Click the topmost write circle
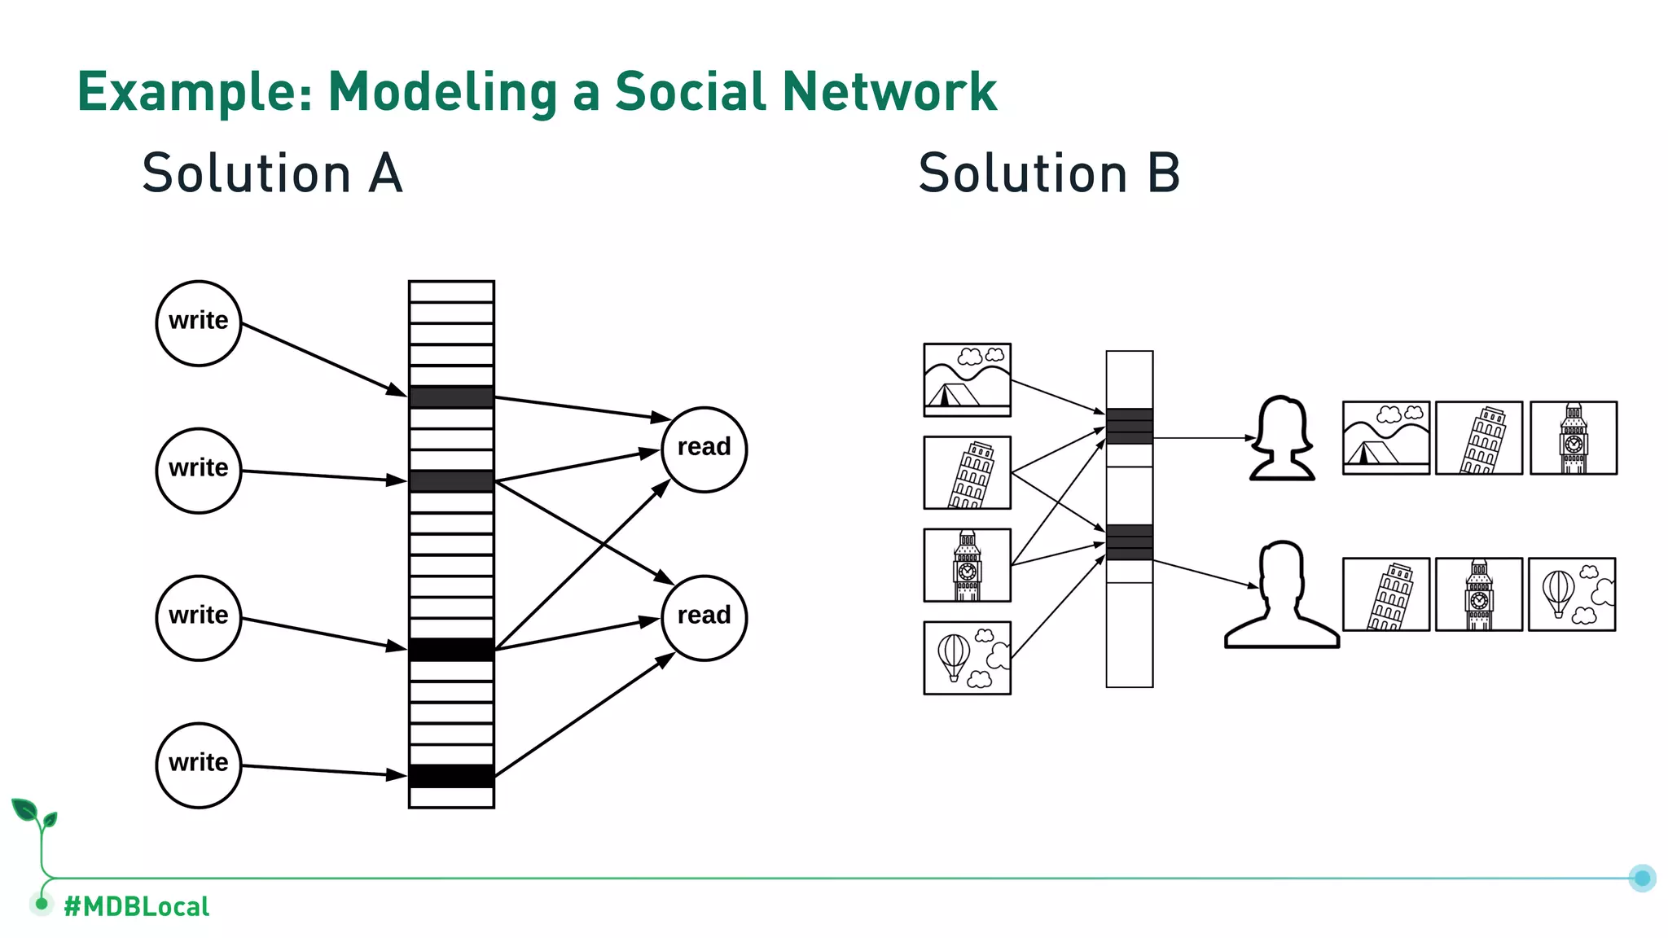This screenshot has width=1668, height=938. click(199, 323)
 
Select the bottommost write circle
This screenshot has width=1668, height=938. click(199, 765)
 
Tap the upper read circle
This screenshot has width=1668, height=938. click(704, 449)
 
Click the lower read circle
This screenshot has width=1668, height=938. click(704, 618)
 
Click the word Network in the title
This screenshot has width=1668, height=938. click(889, 91)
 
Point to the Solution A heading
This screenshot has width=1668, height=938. click(272, 173)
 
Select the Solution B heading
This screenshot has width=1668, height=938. click(1049, 173)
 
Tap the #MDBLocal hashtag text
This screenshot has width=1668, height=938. click(136, 906)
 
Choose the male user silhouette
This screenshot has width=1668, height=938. click(1281, 594)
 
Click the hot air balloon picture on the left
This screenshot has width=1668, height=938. click(967, 658)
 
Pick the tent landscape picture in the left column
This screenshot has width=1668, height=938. click(967, 380)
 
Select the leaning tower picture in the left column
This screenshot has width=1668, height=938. click(967, 472)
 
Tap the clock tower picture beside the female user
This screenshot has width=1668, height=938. click(1573, 438)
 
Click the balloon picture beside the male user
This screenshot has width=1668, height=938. click(1571, 594)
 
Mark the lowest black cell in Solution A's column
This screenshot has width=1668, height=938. click(451, 776)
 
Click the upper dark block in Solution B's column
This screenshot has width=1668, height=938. click(1129, 426)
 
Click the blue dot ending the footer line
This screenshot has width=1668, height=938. click(1642, 878)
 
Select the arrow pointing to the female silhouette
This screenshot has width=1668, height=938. click(1204, 438)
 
